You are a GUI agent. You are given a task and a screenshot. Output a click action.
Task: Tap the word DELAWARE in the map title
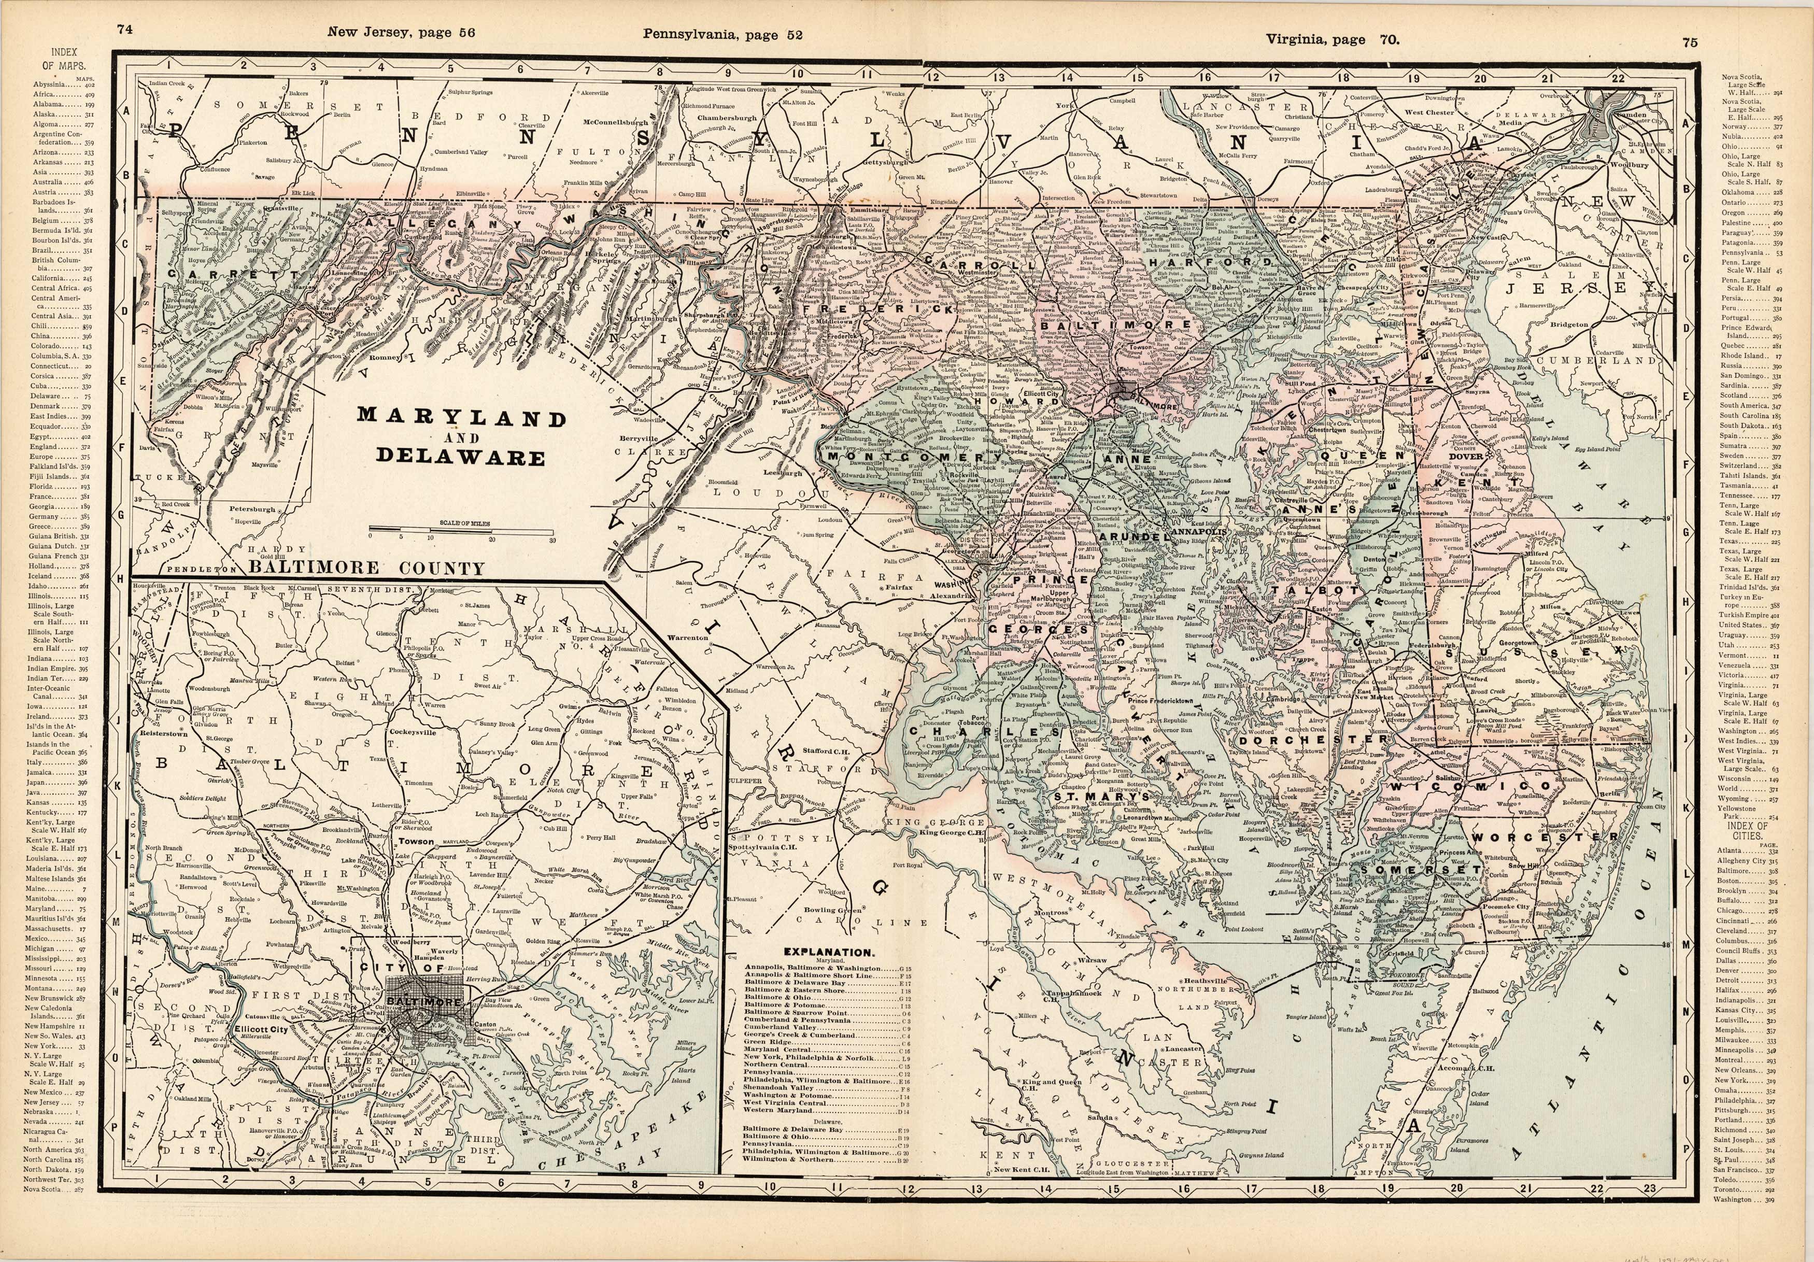coord(461,458)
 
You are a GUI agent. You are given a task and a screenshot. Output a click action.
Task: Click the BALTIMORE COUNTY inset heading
coord(366,568)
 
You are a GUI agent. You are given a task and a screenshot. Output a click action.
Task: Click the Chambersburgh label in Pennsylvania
coord(728,119)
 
